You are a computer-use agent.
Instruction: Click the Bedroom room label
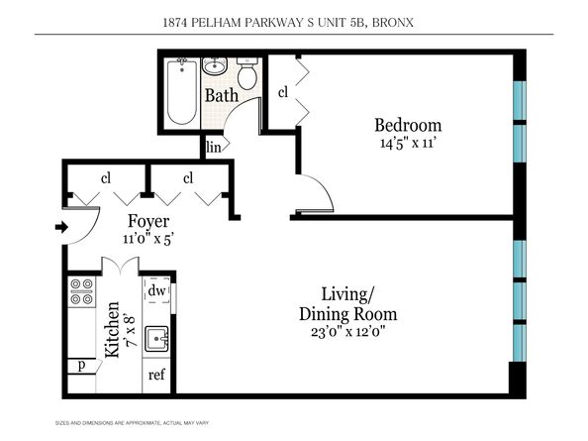pos(407,126)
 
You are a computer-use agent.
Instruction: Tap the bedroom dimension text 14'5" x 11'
pos(407,144)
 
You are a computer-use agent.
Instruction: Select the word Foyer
pos(148,221)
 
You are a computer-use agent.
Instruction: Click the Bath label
pos(220,96)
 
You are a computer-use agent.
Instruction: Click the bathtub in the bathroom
pos(182,93)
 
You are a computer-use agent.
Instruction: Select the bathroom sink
pos(215,67)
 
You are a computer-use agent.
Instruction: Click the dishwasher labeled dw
pos(156,291)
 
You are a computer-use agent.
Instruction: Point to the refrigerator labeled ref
pos(156,375)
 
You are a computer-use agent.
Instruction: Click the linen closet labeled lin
pos(213,147)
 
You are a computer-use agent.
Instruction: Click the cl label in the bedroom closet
pos(282,92)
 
